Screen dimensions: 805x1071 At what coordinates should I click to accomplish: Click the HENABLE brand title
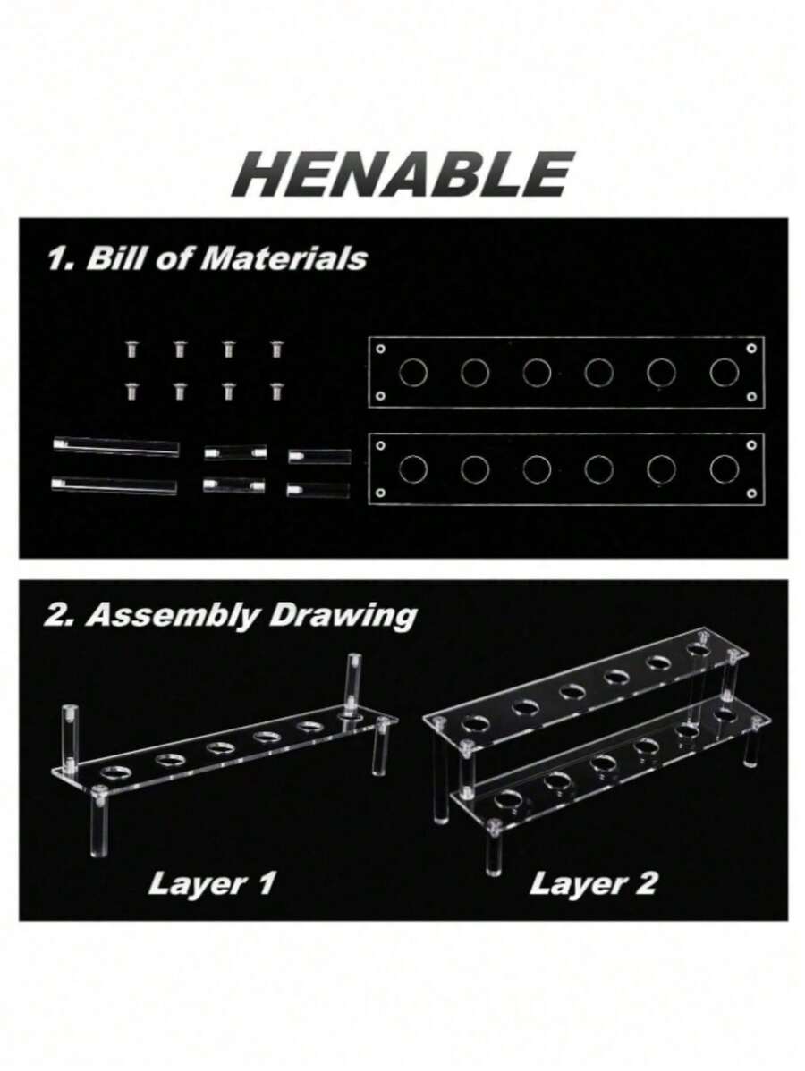pos(402,175)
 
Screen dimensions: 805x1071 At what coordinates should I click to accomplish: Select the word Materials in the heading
pos(287,258)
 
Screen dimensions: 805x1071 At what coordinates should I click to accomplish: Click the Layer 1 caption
pos(212,883)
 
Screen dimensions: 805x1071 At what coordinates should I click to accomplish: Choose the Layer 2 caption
pos(592,883)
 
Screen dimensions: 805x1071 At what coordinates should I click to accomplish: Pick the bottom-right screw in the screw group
pos(276,391)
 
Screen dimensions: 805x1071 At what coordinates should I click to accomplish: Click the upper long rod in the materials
pos(116,447)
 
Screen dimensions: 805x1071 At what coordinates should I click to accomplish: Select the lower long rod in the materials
pos(114,485)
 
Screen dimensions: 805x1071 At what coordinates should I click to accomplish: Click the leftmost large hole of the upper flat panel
pos(412,372)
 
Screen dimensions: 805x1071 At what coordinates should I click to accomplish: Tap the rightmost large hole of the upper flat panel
pos(724,372)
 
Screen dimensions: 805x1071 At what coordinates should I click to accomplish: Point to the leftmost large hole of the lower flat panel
pos(412,468)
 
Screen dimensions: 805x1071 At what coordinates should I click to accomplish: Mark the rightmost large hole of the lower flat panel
pos(724,468)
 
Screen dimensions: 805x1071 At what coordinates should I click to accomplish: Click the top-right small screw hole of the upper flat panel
pos(751,349)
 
